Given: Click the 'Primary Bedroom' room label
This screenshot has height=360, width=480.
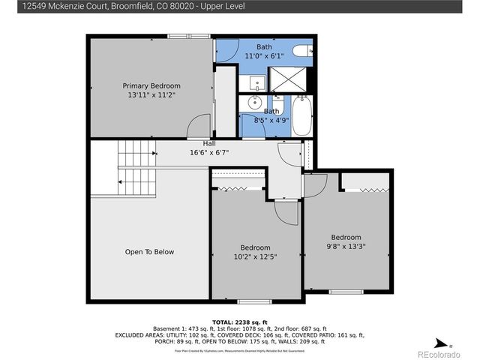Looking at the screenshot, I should pos(151,85).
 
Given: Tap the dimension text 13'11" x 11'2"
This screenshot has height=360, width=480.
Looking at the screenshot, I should pos(151,95).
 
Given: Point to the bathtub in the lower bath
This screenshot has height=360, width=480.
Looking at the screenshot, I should pos(301,116).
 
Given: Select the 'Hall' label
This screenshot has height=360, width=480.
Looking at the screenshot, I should pos(210,143).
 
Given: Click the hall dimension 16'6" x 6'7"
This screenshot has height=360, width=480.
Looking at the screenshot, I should pos(210,152).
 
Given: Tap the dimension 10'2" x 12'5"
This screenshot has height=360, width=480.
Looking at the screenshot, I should pos(255,256).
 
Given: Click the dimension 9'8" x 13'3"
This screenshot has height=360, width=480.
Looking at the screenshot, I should pos(346,247).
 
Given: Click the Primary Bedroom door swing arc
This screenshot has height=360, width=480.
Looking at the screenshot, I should pos(198,124).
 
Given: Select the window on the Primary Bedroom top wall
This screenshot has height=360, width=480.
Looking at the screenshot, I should pos(178,35).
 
